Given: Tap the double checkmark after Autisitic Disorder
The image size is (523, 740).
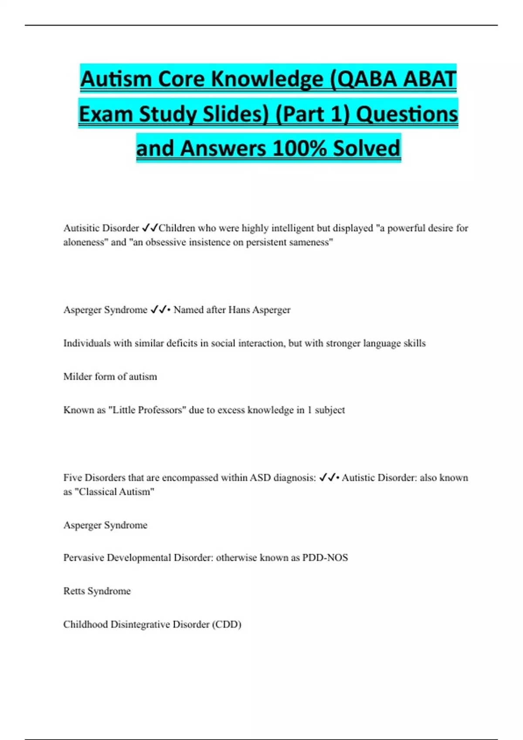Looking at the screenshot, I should click(x=150, y=228).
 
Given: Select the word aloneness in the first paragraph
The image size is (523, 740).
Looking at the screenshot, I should click(x=85, y=242).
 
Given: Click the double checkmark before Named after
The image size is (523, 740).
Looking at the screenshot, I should click(x=159, y=310).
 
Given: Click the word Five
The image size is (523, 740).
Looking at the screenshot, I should click(x=72, y=478).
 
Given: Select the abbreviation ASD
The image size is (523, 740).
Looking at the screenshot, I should click(x=260, y=478).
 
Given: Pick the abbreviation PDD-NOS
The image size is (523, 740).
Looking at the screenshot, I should click(x=325, y=558).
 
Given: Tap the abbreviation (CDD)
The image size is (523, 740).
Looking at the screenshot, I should click(x=227, y=625).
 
